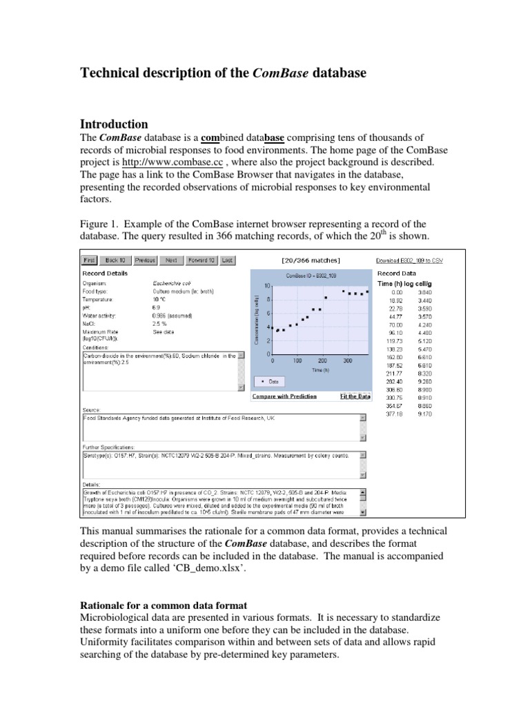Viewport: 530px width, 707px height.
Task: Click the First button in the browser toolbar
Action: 89,260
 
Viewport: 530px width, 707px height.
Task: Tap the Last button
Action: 228,260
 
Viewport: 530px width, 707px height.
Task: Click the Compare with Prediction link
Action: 284,396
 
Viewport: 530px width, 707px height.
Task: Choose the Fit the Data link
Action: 355,396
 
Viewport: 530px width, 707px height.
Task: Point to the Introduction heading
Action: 115,124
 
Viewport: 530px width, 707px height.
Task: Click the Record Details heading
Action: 105,273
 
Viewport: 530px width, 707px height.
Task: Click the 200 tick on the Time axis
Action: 322,360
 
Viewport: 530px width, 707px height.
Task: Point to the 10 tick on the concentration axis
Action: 266,286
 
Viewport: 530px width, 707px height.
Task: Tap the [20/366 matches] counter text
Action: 311,260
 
